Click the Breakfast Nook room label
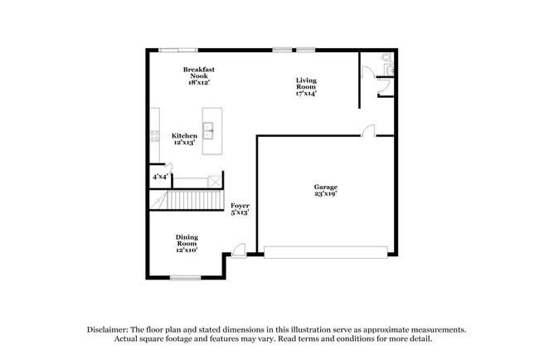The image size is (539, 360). pyautogui.click(x=199, y=75)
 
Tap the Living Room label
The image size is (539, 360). pyautogui.click(x=306, y=86)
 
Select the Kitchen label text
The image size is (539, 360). pyautogui.click(x=184, y=136)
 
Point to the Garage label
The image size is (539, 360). pyautogui.click(x=326, y=187)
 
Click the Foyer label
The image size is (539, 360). pyautogui.click(x=240, y=206)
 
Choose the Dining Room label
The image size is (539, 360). pyautogui.click(x=187, y=240)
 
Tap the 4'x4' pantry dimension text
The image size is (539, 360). pyautogui.click(x=160, y=177)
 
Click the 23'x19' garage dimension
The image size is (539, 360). pyautogui.click(x=326, y=193)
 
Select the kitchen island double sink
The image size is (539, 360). pyautogui.click(x=208, y=131)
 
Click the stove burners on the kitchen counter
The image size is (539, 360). pyautogui.click(x=155, y=136)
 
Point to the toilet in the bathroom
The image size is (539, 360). pyautogui.click(x=388, y=65)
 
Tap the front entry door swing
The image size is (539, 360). pyautogui.click(x=239, y=251)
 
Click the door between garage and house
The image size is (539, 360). pyautogui.click(x=368, y=131)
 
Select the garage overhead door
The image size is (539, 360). pyautogui.click(x=326, y=252)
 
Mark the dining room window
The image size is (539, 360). pyautogui.click(x=186, y=278)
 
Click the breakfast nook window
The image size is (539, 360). pyautogui.click(x=178, y=51)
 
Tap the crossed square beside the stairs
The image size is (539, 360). pyautogui.click(x=215, y=181)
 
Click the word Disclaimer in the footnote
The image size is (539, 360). pyautogui.click(x=108, y=330)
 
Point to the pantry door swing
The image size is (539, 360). pyautogui.click(x=168, y=168)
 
